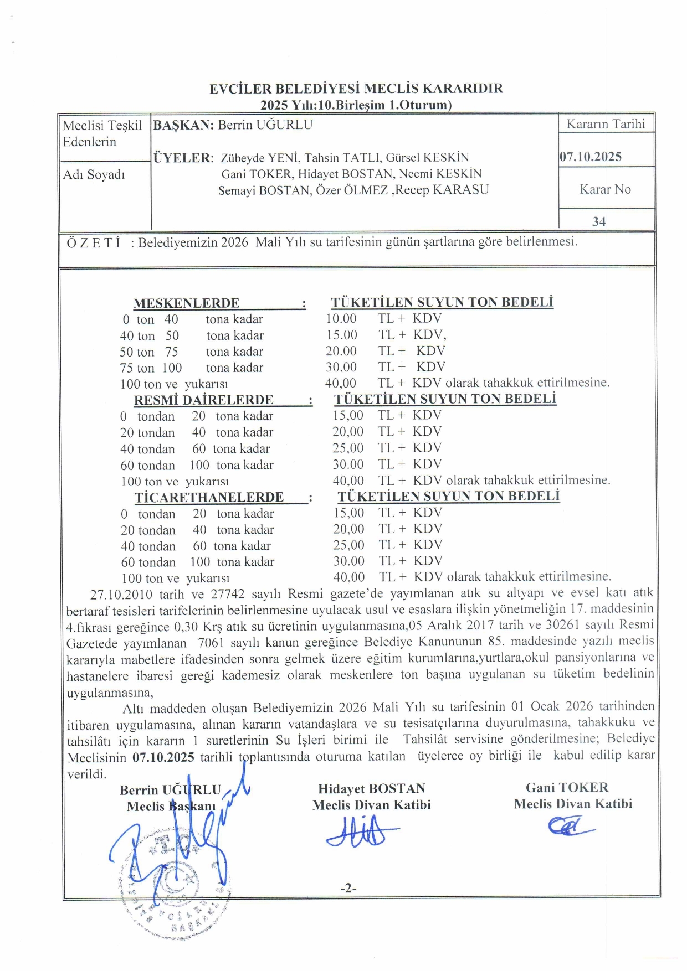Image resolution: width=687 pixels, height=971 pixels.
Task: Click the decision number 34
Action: pos(599,222)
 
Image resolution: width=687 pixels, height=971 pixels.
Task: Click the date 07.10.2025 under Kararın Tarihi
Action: pos(591,157)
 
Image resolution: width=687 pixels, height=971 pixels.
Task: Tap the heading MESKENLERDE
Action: pos(186,303)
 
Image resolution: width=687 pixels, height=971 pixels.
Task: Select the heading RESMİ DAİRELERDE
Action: pos(203,400)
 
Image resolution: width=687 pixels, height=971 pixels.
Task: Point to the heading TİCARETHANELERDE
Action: pos(209,497)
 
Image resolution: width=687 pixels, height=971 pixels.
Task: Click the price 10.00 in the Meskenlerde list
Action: pos(341,319)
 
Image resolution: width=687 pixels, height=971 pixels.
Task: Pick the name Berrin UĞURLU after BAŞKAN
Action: pos(265,125)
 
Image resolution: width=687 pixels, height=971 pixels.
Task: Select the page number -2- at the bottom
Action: pos(348,889)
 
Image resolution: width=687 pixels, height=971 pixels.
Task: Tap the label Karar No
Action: pos(605,189)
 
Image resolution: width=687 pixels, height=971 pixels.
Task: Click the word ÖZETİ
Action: pos(94,243)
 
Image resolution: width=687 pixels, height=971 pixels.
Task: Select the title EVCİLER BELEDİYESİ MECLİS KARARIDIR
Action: pos(356,89)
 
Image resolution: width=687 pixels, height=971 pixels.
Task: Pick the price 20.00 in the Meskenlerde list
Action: pos(341,351)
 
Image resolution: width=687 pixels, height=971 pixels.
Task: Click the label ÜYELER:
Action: pos(183,158)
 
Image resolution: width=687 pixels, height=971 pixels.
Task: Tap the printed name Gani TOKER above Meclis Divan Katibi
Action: pos(567,788)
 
